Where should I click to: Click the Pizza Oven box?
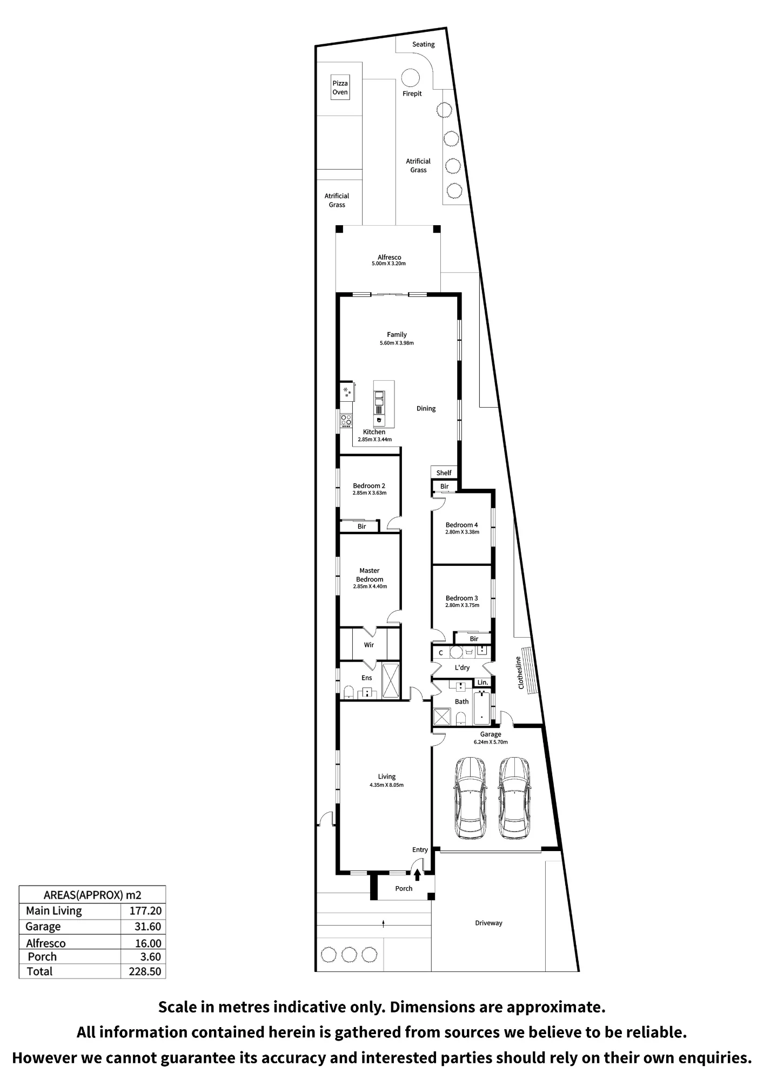click(340, 87)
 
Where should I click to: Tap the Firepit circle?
click(411, 78)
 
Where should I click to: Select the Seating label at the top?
click(423, 44)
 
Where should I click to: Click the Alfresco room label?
click(389, 258)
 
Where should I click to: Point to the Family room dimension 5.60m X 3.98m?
click(397, 343)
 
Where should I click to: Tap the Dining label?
click(426, 409)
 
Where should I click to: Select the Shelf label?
click(444, 473)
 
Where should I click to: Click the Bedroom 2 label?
click(369, 486)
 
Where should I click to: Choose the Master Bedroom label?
click(370, 575)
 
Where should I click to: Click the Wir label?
click(369, 645)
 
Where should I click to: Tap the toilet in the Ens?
click(349, 692)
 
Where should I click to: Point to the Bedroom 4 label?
click(461, 525)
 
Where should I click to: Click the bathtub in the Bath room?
click(481, 708)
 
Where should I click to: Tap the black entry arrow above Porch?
click(417, 874)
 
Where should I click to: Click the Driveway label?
click(488, 923)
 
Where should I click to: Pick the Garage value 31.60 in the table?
click(148, 927)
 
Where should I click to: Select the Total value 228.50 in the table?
click(145, 971)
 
